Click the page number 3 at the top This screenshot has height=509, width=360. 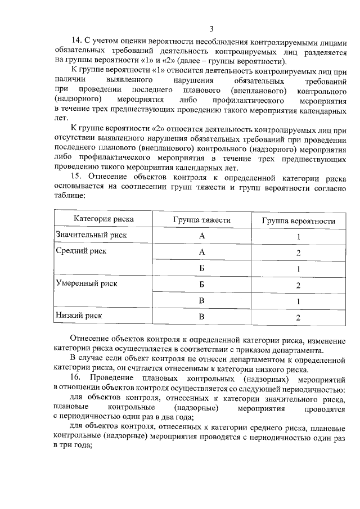point(211,29)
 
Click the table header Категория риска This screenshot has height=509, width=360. point(103,220)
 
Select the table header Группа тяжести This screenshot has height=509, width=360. point(201,220)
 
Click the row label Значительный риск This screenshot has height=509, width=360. point(91,235)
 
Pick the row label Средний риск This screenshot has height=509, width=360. point(81,251)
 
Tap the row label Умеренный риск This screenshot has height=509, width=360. point(86,283)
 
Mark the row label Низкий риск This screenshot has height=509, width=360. point(79,316)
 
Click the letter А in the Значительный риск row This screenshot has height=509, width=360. point(202,236)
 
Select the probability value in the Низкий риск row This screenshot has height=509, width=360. point(298,317)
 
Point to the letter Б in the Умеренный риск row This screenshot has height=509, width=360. point(202,285)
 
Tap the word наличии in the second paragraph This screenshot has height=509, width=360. point(70,81)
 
